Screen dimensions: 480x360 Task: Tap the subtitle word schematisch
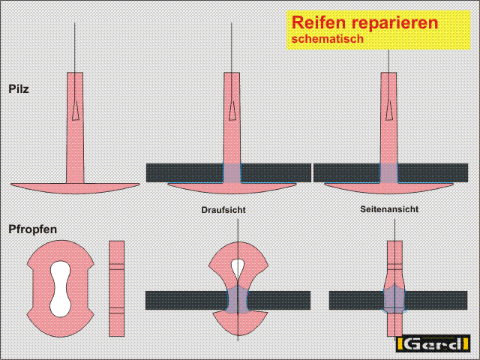pos(328,39)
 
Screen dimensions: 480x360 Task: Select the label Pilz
pos(19,88)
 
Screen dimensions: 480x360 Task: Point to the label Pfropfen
pos(33,229)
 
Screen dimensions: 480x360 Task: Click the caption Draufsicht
pos(223,210)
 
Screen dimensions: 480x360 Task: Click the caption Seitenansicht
pos(389,209)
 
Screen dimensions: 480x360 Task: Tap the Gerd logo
pos(433,344)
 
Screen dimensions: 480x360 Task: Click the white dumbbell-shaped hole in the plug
pos(61,289)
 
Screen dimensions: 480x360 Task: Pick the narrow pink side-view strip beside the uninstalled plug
pos(117,288)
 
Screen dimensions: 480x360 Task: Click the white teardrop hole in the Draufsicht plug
pos(238,268)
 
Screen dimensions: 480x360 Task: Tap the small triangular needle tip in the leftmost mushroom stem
pos(75,110)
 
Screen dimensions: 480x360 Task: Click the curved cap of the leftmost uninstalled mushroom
pos(75,188)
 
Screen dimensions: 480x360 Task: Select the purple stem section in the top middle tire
pos(232,173)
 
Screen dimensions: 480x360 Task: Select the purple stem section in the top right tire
pos(388,173)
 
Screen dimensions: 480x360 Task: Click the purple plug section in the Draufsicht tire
pos(238,300)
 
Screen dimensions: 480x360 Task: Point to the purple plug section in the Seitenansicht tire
pos(394,298)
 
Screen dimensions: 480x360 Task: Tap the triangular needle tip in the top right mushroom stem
pos(389,110)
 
